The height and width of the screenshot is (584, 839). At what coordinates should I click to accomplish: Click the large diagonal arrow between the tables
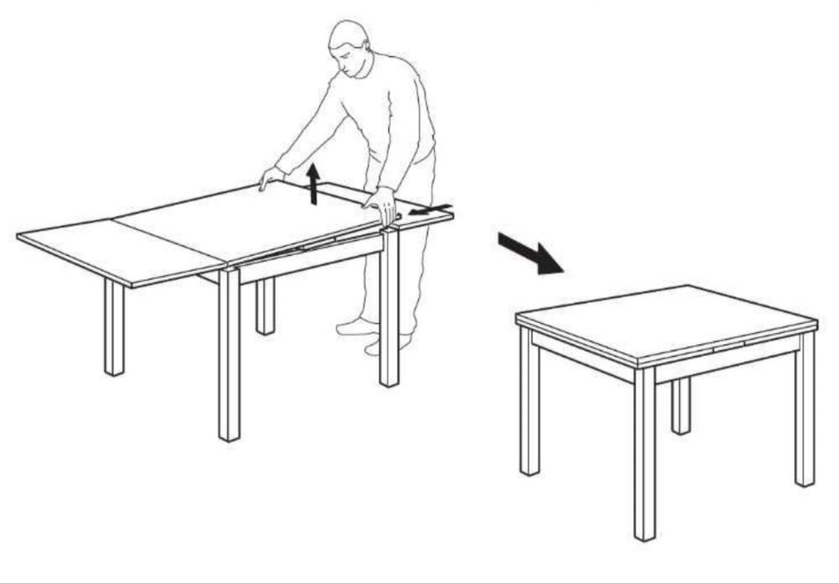coord(530,253)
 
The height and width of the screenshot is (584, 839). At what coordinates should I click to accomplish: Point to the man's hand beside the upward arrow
coord(271,177)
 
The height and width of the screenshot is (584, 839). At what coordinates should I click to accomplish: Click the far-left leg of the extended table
coord(114,327)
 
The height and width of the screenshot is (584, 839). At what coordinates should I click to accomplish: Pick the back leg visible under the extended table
coord(265,306)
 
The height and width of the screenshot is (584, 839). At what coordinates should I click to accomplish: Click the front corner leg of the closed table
coord(644,453)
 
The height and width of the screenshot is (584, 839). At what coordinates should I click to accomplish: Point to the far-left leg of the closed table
coord(529,403)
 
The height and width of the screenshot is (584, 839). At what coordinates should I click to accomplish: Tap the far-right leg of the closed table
coord(805,411)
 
